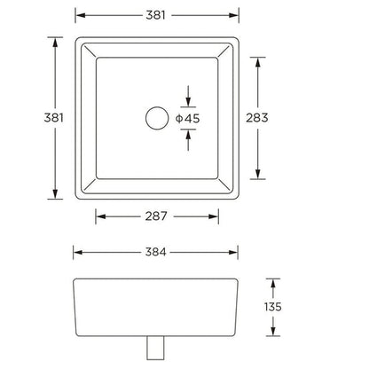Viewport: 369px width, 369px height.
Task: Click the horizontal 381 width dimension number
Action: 157,15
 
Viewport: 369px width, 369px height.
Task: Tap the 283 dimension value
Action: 270,118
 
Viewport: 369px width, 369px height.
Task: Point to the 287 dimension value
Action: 157,216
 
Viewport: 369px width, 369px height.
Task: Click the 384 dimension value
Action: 157,251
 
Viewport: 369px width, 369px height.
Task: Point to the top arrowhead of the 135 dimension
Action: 273,283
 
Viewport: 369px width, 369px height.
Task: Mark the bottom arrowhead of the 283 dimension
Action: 258,174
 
